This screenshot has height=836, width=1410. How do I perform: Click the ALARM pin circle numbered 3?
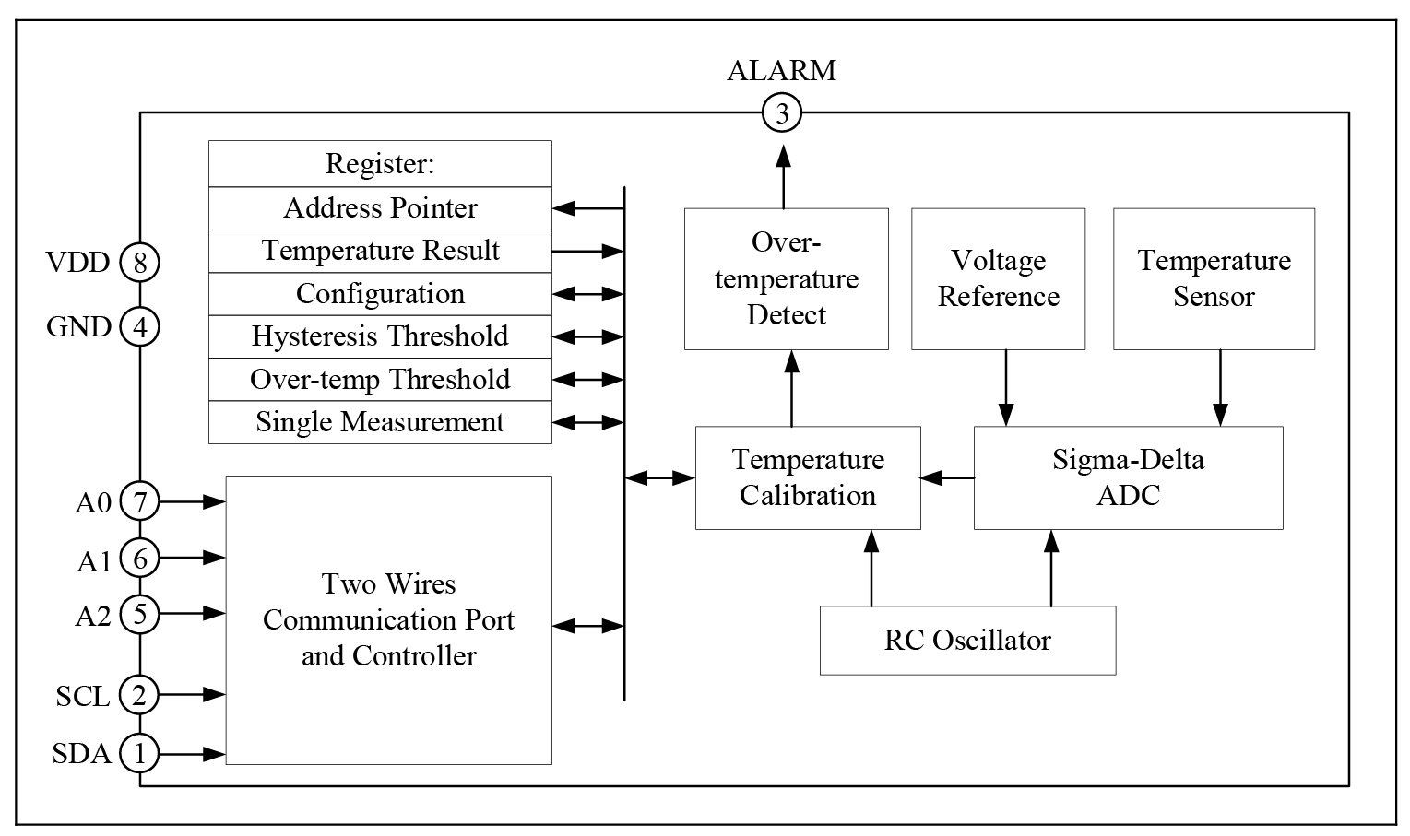pos(782,113)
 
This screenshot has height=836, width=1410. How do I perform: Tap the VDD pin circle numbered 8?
pos(139,263)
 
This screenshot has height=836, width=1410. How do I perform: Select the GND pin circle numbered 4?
pos(139,326)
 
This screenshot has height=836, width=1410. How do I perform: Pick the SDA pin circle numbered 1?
pos(139,754)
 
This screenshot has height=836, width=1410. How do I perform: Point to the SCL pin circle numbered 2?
pos(139,695)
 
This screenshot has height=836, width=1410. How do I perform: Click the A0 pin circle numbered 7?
pos(139,502)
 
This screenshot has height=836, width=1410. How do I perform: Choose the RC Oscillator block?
pos(967,640)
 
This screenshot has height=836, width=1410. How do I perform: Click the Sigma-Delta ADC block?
pos(1128,477)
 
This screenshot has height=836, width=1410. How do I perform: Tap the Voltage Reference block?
pos(998,278)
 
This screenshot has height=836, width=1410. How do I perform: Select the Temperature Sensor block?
pos(1214,278)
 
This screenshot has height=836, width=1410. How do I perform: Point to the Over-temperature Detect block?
pos(786,278)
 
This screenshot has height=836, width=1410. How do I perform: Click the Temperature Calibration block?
pos(807,477)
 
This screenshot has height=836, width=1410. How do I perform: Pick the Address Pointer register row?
pos(380,208)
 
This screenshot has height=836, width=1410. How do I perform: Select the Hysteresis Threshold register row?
pos(380,336)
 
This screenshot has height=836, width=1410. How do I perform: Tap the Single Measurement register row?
pos(380,422)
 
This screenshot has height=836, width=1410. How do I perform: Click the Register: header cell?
pos(380,164)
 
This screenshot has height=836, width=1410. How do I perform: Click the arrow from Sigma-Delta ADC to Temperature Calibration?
pos(947,477)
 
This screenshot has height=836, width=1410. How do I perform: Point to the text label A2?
pos(93,615)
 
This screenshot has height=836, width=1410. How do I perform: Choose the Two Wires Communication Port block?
pos(388,619)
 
